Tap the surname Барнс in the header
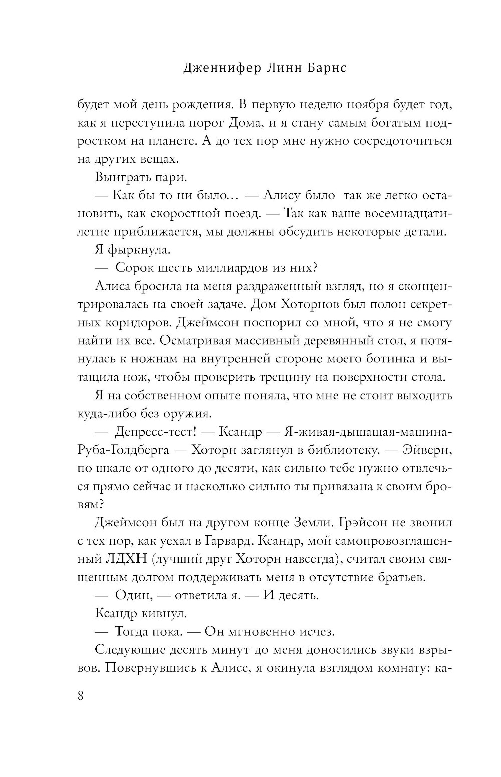point(325,69)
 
